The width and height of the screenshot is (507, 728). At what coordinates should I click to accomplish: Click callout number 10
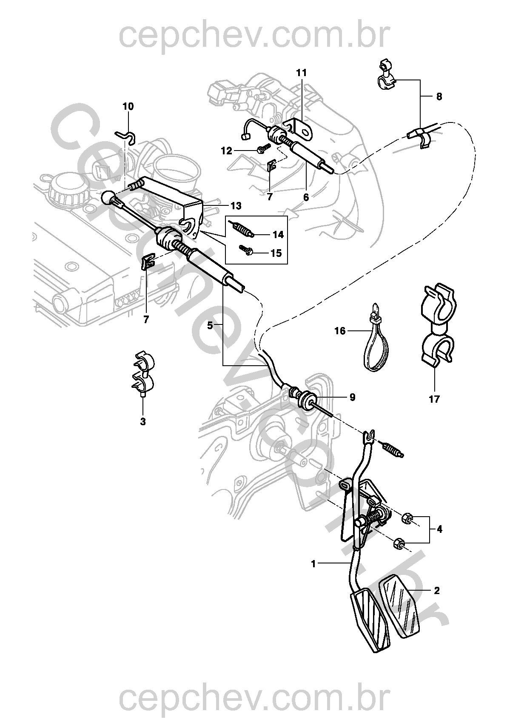coord(128,106)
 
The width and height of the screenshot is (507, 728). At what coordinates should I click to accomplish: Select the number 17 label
coord(434,399)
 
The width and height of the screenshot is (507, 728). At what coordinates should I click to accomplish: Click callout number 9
coord(352,397)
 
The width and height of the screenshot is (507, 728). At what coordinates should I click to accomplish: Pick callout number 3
coord(142,422)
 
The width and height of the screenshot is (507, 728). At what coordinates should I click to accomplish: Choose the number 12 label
coord(226,151)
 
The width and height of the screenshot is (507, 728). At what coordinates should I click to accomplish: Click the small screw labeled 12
coord(263,148)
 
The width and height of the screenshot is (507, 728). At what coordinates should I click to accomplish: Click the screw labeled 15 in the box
coord(247,251)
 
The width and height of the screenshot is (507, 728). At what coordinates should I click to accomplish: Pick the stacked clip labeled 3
coord(142,372)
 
